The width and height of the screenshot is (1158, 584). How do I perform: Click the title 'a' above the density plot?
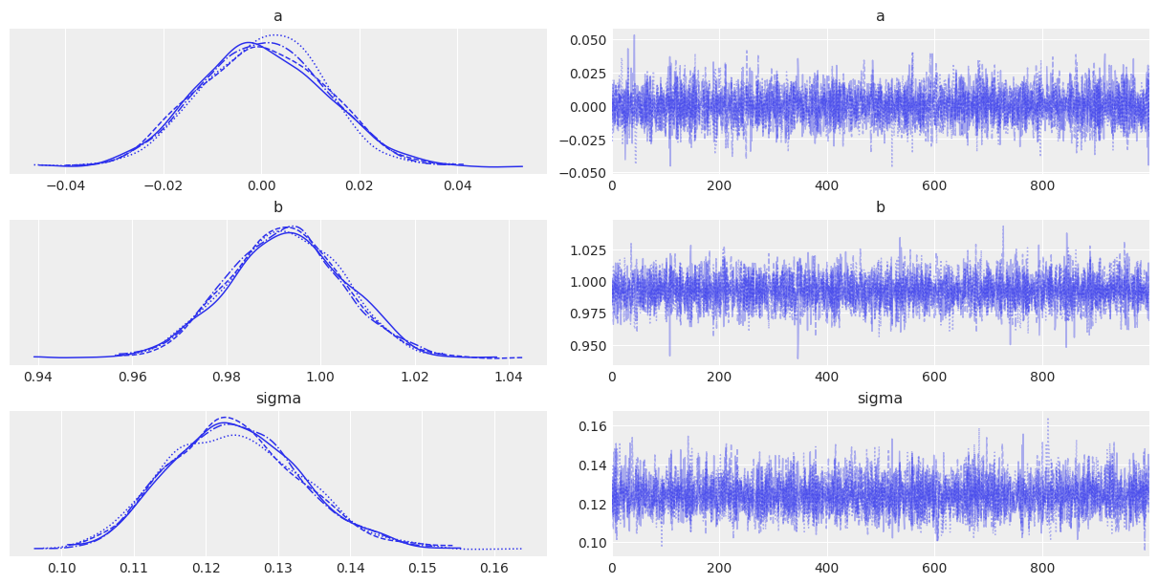[x=278, y=16]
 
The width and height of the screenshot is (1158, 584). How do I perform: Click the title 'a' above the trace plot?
[x=880, y=16]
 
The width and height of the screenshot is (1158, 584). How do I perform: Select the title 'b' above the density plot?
[x=278, y=207]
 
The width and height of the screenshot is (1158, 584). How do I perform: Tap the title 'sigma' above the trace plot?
[x=880, y=399]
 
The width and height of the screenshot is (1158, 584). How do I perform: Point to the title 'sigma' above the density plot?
[x=278, y=399]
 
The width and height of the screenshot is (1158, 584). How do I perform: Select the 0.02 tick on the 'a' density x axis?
[x=360, y=185]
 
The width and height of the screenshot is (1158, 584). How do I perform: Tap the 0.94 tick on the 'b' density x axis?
[x=39, y=377]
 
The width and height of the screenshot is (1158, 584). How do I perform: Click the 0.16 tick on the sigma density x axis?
[x=494, y=568]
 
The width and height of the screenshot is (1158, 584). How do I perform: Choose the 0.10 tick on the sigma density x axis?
[x=62, y=568]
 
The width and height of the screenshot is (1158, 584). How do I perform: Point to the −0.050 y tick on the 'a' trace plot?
[x=582, y=172]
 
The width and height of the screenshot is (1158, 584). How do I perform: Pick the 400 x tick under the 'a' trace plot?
[x=826, y=185]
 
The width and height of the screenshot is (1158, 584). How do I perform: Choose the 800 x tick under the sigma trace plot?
[x=1040, y=568]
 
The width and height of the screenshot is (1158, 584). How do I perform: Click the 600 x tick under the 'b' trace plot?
[x=933, y=377]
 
